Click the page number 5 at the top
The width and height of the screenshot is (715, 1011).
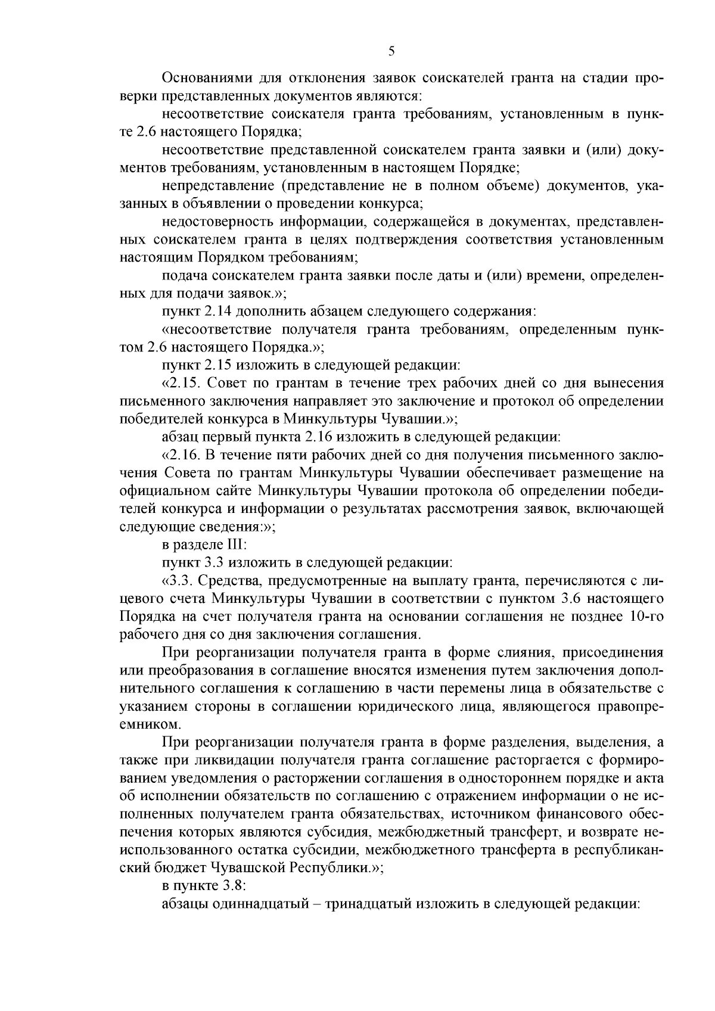click(x=391, y=51)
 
